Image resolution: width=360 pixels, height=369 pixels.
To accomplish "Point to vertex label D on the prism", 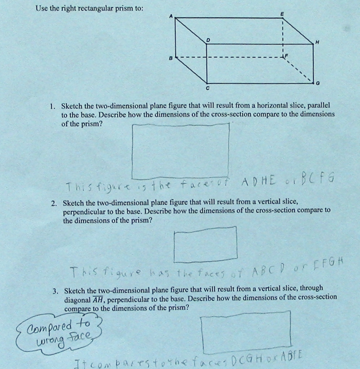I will [x=208, y=39].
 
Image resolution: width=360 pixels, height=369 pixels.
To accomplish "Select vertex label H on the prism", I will [x=317, y=43].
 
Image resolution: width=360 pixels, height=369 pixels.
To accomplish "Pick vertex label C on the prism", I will [x=207, y=88].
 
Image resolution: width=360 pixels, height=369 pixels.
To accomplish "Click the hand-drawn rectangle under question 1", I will [x=181, y=151].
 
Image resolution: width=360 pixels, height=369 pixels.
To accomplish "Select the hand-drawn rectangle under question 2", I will [x=205, y=244].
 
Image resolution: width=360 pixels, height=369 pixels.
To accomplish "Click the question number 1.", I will [x=53, y=107].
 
